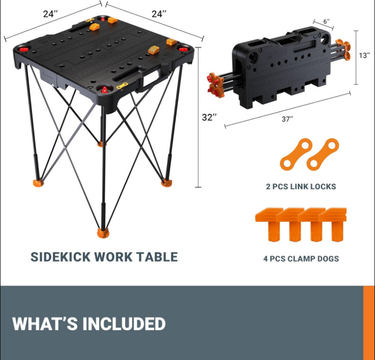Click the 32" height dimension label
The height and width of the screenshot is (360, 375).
[x=209, y=117]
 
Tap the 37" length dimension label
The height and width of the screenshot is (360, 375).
[x=288, y=119]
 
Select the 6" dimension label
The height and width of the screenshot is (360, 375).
[x=326, y=22]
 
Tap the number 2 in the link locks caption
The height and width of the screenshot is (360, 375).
[x=268, y=187]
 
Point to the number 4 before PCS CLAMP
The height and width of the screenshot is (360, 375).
[x=266, y=259]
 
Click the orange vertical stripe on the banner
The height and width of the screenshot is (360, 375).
[x=369, y=322]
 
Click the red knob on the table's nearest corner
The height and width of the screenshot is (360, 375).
[x=105, y=89]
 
